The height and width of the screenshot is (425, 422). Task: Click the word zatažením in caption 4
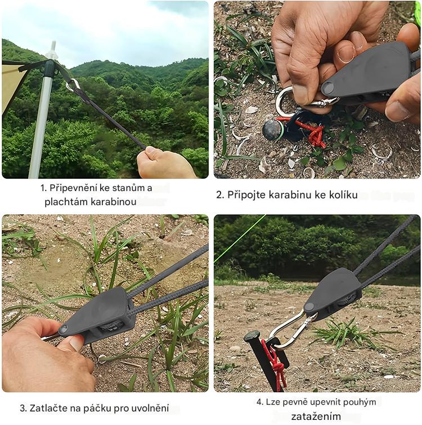[x=316, y=416]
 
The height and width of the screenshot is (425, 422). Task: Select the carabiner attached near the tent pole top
[x=73, y=85]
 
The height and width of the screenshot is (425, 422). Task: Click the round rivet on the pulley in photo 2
[x=328, y=87]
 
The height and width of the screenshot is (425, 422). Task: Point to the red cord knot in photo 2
[x=316, y=136]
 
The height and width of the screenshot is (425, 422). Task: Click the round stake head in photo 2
[x=272, y=129]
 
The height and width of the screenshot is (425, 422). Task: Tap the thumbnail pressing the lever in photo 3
[x=76, y=343]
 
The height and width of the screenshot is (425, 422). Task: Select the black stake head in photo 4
[x=252, y=336]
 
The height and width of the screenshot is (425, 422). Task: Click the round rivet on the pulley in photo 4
[x=309, y=307]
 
